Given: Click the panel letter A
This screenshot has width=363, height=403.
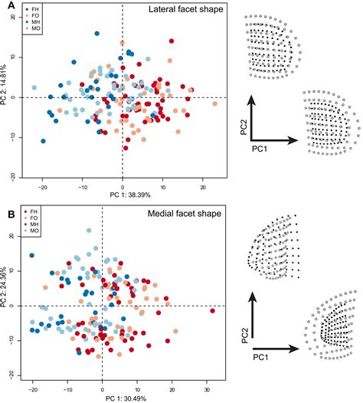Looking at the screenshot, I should tap(5, 6).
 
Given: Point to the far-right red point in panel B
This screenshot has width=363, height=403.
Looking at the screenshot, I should tap(212, 311).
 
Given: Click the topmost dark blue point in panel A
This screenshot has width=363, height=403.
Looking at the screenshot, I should tap(97, 34).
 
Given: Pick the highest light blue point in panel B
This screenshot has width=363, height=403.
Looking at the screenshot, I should tap(89, 231).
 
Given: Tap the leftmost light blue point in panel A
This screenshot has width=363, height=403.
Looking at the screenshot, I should tap(34, 87).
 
